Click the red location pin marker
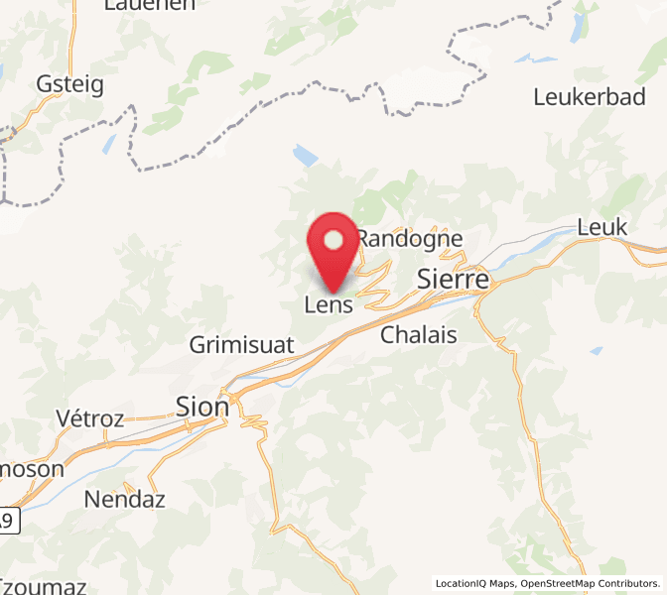[333, 250]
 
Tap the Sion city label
[201, 407]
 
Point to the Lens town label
[329, 305]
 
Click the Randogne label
[410, 239]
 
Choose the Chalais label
[419, 335]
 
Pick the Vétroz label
[90, 418]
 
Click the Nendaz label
[124, 498]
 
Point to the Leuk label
[602, 228]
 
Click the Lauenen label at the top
[150, 5]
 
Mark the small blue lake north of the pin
[306, 156]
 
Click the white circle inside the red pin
[333, 239]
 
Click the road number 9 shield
[9, 519]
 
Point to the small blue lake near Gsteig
[108, 144]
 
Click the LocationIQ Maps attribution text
[474, 583]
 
